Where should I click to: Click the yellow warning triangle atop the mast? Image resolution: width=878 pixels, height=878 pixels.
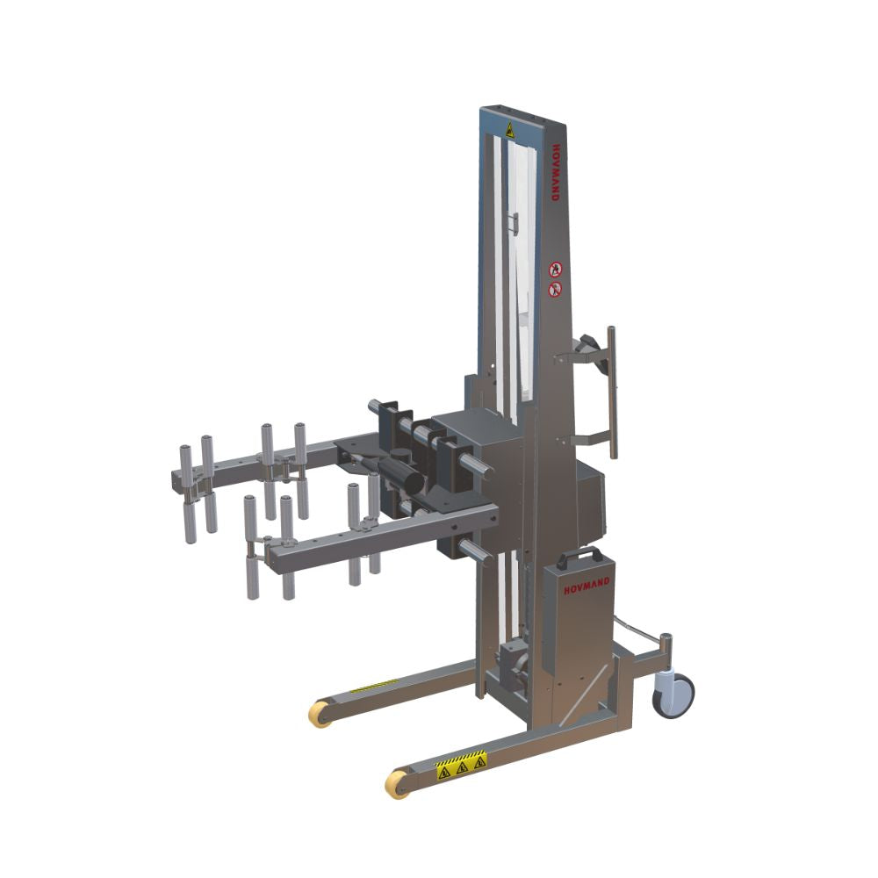pos(509,130)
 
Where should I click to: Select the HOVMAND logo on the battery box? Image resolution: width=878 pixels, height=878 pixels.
pos(587,588)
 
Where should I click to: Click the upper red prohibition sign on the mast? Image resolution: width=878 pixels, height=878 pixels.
pos(554,270)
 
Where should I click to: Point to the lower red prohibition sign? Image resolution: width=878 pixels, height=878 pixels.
pos(554,290)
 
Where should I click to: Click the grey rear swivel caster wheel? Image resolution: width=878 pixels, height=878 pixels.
pos(675,694)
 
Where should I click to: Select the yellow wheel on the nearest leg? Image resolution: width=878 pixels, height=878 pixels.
pos(398,783)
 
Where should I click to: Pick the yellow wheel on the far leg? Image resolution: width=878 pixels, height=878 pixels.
pos(320,714)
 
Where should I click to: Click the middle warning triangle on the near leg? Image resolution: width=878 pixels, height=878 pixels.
pos(463,767)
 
